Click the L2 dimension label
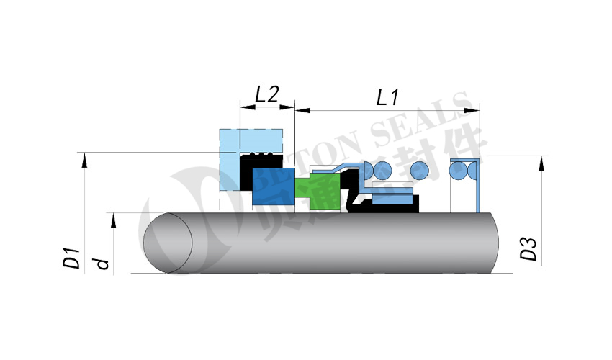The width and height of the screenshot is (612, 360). (x=267, y=94)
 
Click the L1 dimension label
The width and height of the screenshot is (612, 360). (x=388, y=96)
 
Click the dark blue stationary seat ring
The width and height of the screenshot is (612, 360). (x=274, y=186)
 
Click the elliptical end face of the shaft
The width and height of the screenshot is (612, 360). (x=168, y=241)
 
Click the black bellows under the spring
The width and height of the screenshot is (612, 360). (x=382, y=207)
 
